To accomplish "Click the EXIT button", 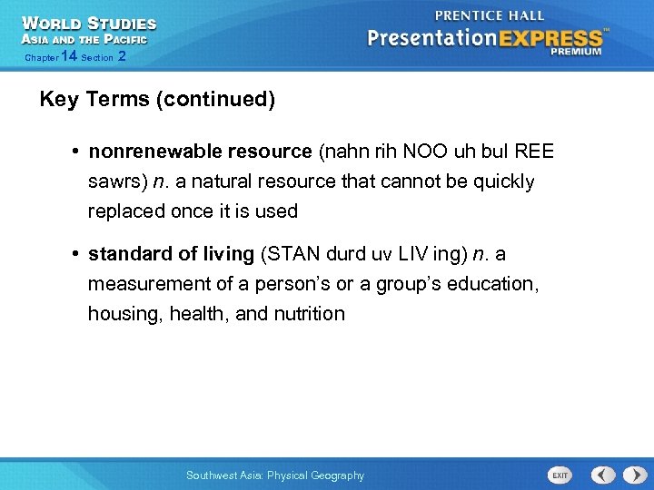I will tap(560, 475).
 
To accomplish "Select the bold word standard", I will tap(124, 254).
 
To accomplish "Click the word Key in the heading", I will tap(59, 99).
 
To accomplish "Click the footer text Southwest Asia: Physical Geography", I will tap(274, 475).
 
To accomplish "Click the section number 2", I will tap(122, 57).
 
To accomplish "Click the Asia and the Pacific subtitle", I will tap(84, 39).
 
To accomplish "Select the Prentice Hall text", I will tap(490, 15).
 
